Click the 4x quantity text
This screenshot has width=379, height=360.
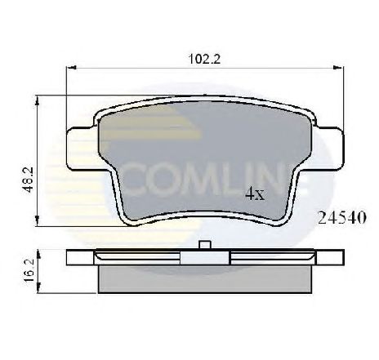click(254, 196)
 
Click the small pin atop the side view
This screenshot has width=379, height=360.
click(204, 244)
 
